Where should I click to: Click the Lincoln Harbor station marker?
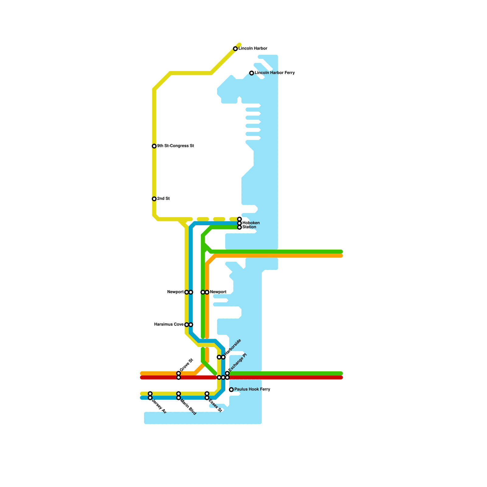[235, 49]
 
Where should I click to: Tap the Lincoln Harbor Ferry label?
[275, 73]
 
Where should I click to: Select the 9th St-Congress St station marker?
[154, 146]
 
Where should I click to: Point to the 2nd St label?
[163, 199]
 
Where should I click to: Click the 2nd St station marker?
[154, 199]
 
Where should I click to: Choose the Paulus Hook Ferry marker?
[231, 390]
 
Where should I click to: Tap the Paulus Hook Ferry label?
[252, 390]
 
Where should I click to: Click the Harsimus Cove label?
[169, 324]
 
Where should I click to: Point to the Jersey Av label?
[159, 406]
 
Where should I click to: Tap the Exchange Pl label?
[237, 362]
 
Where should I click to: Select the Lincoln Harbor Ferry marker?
[252, 73]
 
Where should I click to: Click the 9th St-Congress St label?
[175, 146]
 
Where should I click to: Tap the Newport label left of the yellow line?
[175, 292]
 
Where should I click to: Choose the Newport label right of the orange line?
[218, 292]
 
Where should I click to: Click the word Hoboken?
[251, 223]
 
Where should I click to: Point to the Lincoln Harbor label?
[253, 49]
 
